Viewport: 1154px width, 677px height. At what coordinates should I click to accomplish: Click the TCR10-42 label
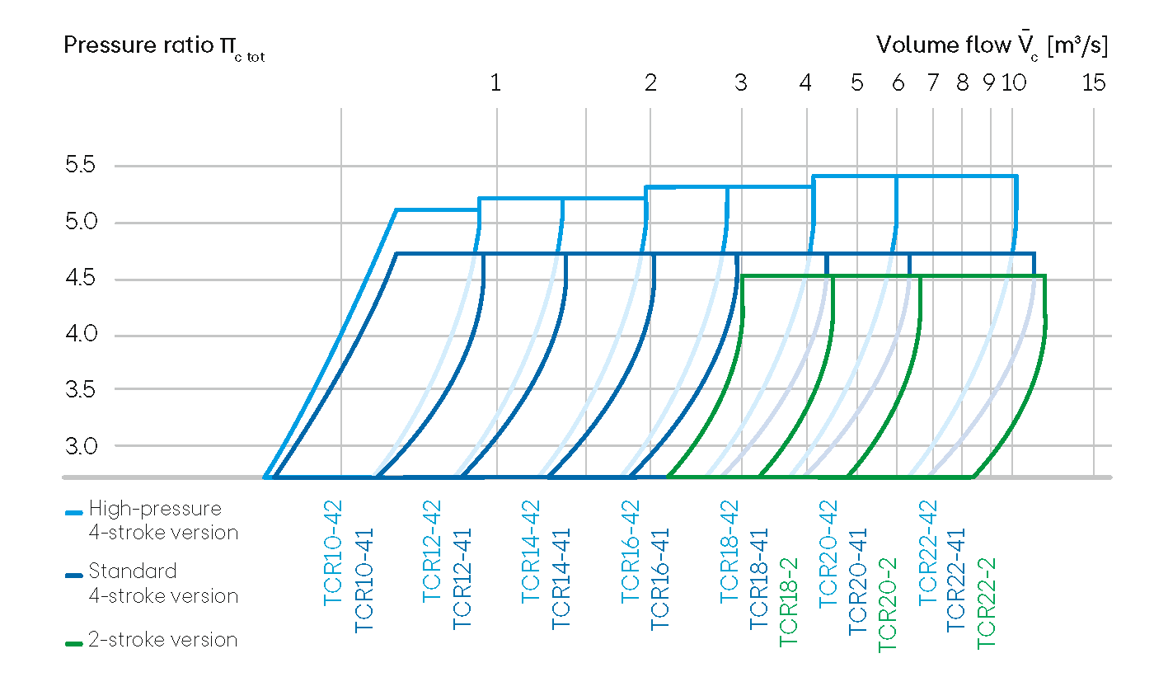[x=333, y=552]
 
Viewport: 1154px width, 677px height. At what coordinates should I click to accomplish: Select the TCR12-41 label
[x=463, y=578]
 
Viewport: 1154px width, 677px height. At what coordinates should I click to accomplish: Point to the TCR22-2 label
[x=987, y=602]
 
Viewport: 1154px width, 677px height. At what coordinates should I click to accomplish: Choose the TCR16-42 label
[x=631, y=552]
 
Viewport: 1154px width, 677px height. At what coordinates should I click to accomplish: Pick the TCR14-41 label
[x=561, y=578]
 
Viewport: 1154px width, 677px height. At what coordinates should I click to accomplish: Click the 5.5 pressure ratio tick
[x=80, y=165]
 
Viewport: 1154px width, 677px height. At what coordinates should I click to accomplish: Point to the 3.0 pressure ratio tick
[x=80, y=446]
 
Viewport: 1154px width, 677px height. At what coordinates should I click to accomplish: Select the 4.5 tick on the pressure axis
[x=80, y=279]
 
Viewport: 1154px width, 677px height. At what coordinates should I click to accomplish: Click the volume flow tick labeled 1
[x=495, y=82]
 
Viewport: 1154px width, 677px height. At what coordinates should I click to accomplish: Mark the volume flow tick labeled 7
[x=932, y=82]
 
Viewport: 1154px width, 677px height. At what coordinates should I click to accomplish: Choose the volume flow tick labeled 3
[x=741, y=82]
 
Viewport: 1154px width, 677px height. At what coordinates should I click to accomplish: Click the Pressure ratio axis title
[x=163, y=46]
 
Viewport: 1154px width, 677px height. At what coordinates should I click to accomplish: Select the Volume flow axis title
[x=992, y=45]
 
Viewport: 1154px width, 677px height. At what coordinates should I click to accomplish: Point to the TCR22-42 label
[x=927, y=552]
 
